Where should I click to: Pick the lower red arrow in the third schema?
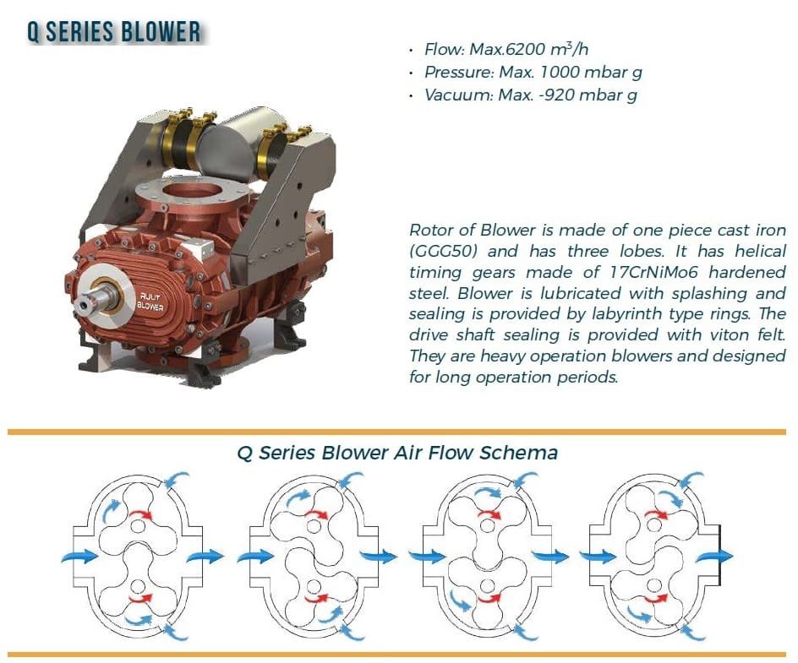click(x=488, y=596)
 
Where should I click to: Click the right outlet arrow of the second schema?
click(x=377, y=557)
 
